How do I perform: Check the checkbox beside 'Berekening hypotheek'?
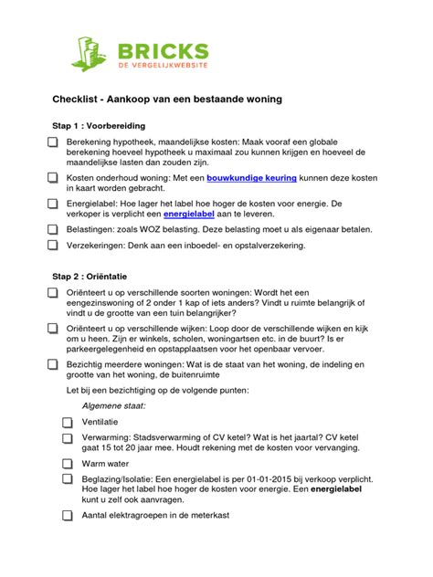52,143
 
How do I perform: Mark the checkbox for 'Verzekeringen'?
52,245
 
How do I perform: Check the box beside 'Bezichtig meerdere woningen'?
52,362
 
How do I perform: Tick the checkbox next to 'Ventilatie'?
68,422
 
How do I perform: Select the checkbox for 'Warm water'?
68,463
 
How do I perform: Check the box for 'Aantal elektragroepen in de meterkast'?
68,515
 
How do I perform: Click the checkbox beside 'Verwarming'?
68,437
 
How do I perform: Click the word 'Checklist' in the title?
75,98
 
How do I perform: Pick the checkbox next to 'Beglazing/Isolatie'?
68,477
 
